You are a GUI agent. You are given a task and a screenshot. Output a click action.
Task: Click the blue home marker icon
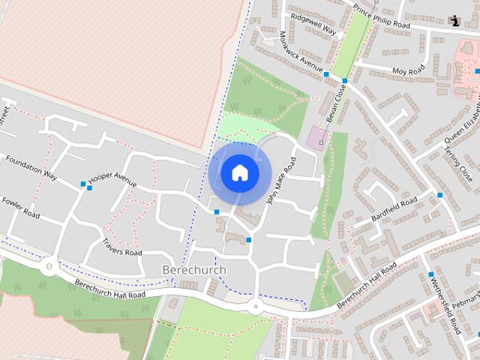tap(239, 173)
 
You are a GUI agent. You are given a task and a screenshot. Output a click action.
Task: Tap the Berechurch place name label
tap(193, 269)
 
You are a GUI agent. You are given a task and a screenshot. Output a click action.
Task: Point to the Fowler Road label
tap(20, 208)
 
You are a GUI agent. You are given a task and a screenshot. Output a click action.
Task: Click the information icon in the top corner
tap(455, 21)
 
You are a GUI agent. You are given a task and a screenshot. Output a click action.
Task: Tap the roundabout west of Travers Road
tap(49, 265)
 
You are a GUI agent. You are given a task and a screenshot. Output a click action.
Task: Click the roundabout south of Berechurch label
tap(254, 306)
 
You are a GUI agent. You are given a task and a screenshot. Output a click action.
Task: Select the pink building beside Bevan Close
tap(316, 137)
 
